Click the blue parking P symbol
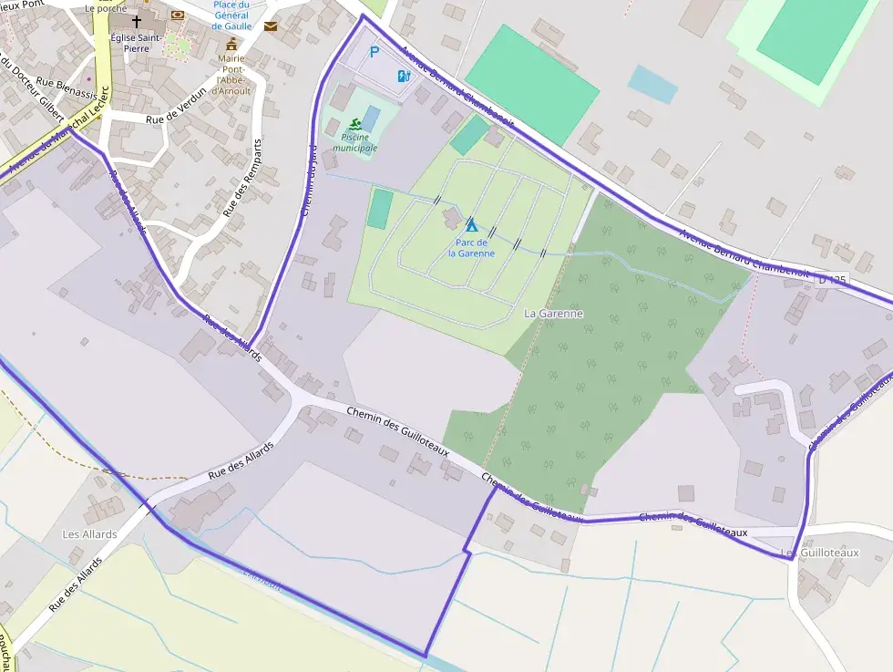point(374,53)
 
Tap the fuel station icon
point(405,76)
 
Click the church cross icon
point(137,21)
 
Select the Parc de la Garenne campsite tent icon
point(471,223)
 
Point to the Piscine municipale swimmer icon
point(354,124)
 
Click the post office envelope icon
point(271,26)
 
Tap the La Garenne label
point(553,313)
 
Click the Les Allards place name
point(89,533)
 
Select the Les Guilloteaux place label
point(820,553)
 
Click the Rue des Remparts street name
point(242,178)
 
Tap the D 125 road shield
point(833,279)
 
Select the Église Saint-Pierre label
point(136,43)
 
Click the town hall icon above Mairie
point(231,45)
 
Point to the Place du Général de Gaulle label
point(231,16)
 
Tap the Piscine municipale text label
point(354,142)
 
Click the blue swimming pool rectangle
point(371,119)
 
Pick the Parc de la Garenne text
point(471,247)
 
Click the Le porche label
point(104,8)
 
